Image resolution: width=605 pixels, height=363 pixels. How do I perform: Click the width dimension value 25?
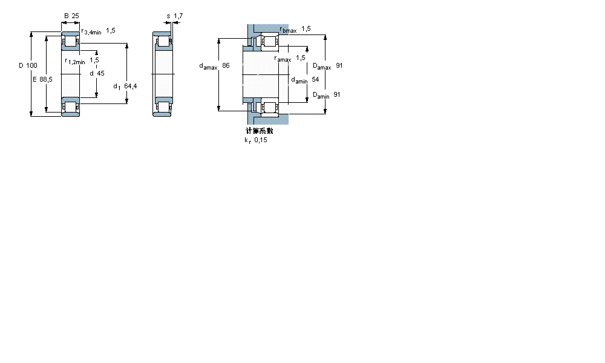click(x=76, y=16)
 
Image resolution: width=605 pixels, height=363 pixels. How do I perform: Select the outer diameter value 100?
click(x=32, y=65)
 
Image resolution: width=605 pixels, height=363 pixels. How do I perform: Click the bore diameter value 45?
click(x=100, y=73)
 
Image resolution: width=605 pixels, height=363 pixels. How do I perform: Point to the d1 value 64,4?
click(x=130, y=86)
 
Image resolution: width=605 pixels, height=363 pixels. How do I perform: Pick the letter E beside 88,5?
click(x=35, y=79)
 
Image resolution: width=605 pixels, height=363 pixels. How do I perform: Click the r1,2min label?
click(x=75, y=61)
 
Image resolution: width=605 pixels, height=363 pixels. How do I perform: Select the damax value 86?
click(x=226, y=65)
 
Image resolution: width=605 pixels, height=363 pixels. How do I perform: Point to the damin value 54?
click(x=315, y=79)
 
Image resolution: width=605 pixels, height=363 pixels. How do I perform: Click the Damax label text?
click(x=321, y=66)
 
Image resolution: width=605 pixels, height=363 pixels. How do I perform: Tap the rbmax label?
click(x=288, y=30)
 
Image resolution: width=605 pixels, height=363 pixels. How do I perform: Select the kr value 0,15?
click(x=260, y=140)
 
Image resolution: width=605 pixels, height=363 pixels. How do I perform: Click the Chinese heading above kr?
click(x=259, y=131)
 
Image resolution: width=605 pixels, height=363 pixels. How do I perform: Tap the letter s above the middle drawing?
click(x=168, y=16)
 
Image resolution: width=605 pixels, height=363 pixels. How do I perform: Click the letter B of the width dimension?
click(x=66, y=16)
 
